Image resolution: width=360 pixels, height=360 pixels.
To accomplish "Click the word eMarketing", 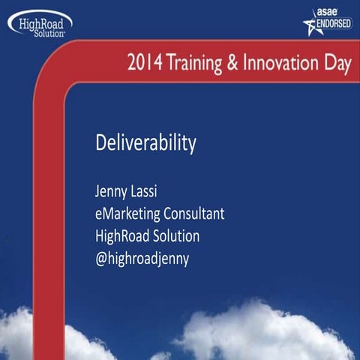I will (124, 214).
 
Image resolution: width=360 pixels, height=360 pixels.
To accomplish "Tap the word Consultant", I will (193, 214).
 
